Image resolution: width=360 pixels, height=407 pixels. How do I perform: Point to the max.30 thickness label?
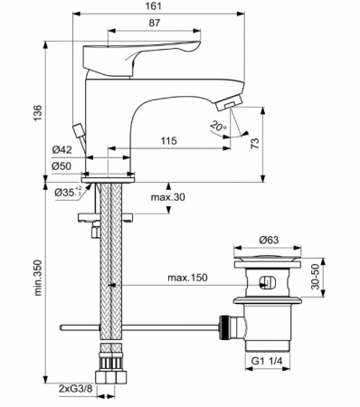[x=169, y=198]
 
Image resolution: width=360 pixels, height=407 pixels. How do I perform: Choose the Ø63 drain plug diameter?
[x=266, y=240]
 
